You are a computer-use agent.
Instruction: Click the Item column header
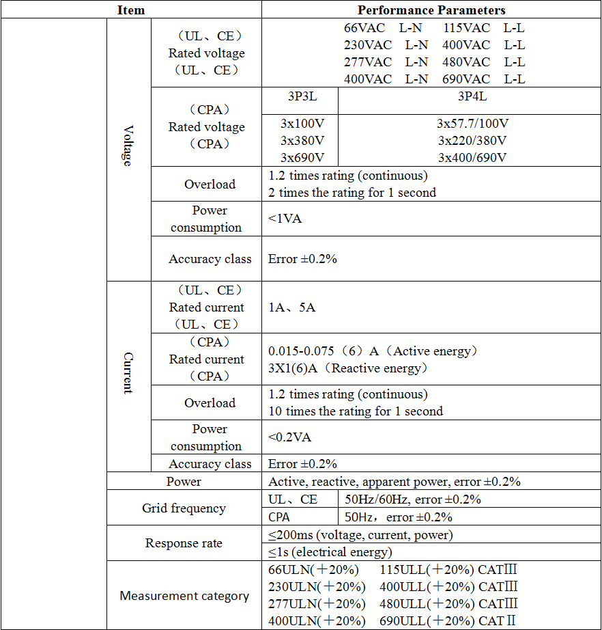coord(131,10)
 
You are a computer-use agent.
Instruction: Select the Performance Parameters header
coord(431,10)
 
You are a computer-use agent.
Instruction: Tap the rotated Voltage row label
coord(128,145)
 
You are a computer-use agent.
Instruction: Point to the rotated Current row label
coord(128,373)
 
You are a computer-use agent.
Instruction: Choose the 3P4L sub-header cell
coord(472,96)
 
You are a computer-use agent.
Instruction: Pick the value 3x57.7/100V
coord(472,124)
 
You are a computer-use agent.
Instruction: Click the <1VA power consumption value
coord(285,219)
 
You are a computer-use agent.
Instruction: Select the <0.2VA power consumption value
coord(289,437)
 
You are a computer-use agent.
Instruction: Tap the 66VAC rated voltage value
coord(368,28)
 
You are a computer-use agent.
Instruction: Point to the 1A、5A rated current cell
coord(291,307)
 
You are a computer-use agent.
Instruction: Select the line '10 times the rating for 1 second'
coord(355,411)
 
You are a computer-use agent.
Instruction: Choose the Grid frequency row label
coord(184,508)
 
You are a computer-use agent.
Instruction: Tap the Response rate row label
coord(184,543)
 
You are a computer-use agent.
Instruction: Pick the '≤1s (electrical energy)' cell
coord(330,552)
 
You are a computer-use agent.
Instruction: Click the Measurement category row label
coord(184,596)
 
